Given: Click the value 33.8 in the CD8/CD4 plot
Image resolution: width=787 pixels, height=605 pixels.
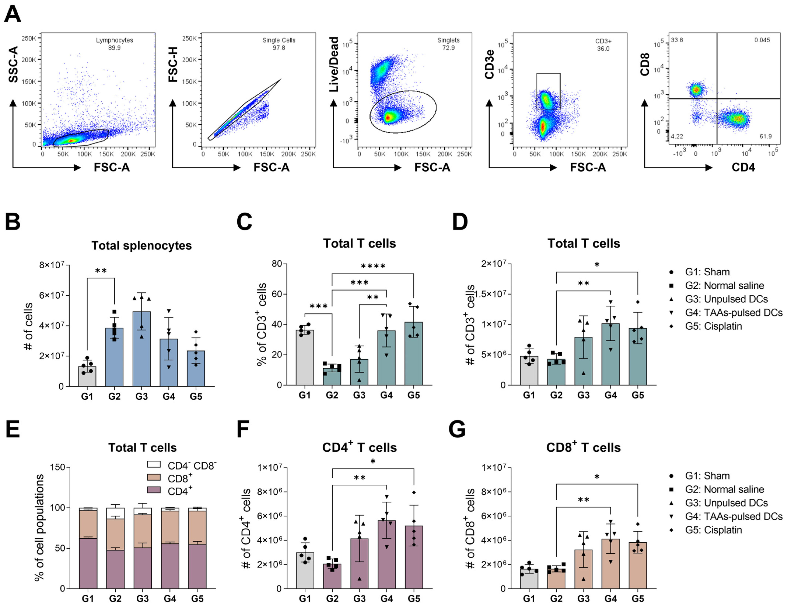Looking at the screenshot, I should tap(677, 40).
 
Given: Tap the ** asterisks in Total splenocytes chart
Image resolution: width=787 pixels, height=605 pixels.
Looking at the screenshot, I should tap(101, 271).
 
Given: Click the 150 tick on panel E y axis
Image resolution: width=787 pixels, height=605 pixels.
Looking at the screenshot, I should tap(58, 467).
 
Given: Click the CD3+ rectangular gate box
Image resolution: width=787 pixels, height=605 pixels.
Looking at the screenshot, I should tap(548, 91).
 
